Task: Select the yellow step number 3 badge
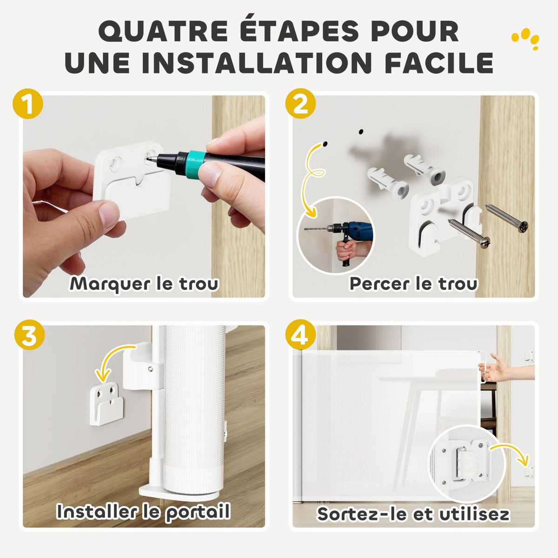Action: (28, 336)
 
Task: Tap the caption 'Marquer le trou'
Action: (144, 283)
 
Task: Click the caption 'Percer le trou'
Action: (413, 283)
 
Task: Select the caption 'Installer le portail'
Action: (144, 511)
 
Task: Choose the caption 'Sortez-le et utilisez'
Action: (413, 514)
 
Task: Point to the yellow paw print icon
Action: (525, 40)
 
